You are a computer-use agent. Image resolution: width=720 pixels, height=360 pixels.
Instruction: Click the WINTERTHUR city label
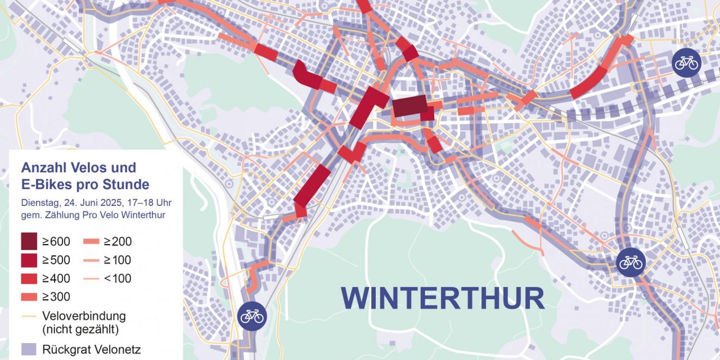pyautogui.click(x=442, y=298)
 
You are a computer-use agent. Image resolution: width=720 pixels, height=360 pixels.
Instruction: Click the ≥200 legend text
pyautogui.click(x=118, y=242)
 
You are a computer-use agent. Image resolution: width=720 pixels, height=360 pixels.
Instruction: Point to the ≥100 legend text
pyautogui.click(x=118, y=260)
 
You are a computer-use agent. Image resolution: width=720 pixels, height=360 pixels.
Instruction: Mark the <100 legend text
pyautogui.click(x=118, y=278)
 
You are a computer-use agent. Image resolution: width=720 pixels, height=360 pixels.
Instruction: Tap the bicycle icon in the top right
pyautogui.click(x=686, y=63)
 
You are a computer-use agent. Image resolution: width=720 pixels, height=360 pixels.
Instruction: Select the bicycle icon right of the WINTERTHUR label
pyautogui.click(x=631, y=262)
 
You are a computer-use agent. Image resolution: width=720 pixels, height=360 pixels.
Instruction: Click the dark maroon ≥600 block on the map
pyautogui.click(x=409, y=106)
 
